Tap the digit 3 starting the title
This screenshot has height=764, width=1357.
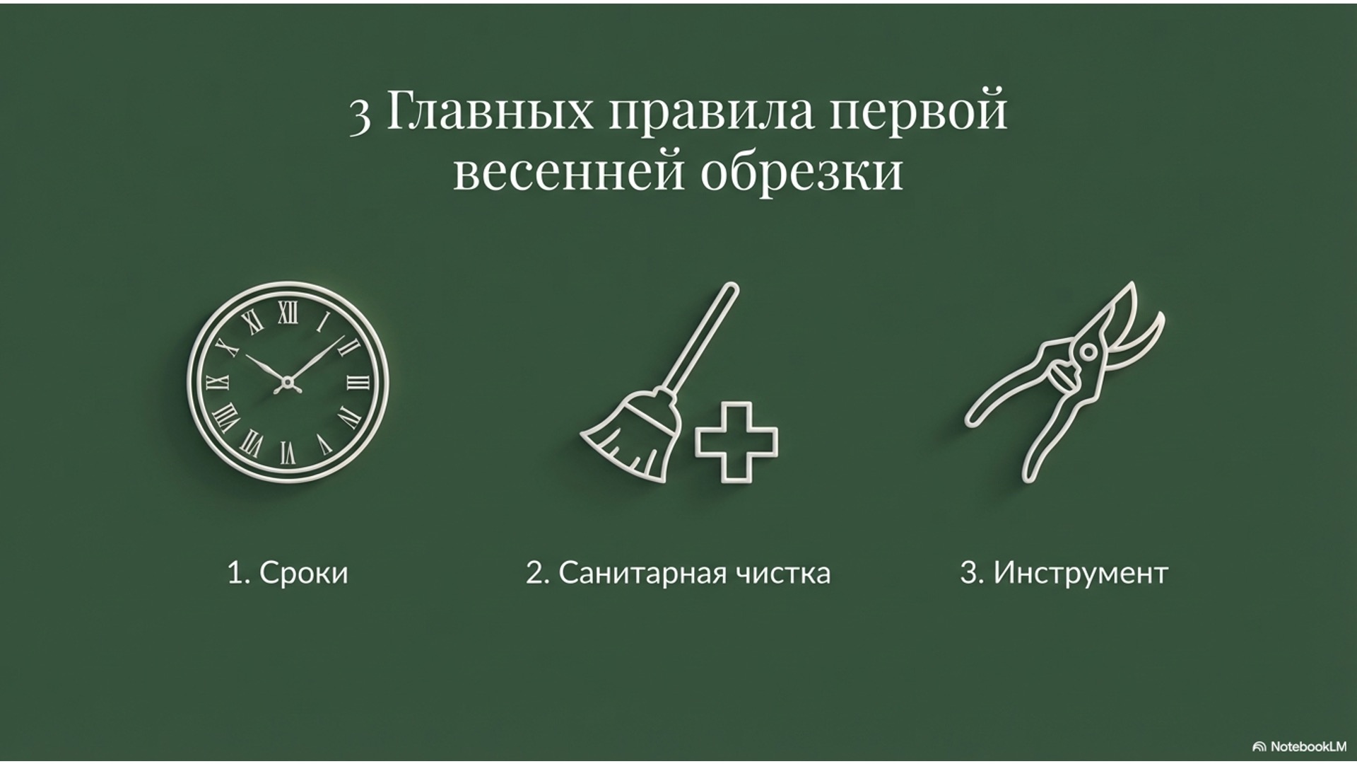click(360, 115)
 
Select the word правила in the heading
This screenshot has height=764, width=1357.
click(711, 113)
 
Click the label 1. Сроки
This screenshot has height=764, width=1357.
click(288, 572)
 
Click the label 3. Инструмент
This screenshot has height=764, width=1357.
click(1064, 572)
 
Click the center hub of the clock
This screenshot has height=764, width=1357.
click(288, 383)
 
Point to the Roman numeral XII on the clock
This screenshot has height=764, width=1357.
click(288, 312)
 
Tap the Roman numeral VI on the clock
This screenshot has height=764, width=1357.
click(288, 453)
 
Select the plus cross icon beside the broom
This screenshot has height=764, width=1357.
click(736, 443)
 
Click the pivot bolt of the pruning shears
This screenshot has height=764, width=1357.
click(1087, 351)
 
